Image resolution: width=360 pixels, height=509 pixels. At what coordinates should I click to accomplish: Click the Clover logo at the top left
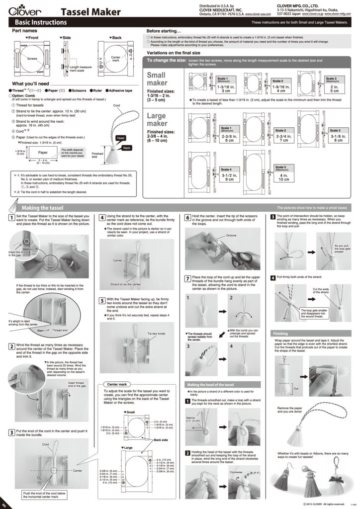pyautogui.click(x=20, y=11)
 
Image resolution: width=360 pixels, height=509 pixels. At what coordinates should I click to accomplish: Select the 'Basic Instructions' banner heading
pyautogui.click(x=41, y=23)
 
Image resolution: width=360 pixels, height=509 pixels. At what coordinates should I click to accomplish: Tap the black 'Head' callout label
pyautogui.click(x=120, y=138)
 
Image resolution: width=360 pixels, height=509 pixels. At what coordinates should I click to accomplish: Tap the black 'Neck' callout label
pyautogui.click(x=127, y=148)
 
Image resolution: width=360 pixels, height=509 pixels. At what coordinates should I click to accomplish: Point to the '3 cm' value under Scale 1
pyautogui.click(x=225, y=91)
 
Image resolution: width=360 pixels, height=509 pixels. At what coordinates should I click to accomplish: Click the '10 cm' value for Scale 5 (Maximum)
pyautogui.click(x=284, y=179)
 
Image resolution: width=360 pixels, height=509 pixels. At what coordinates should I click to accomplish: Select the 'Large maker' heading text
pyautogui.click(x=158, y=120)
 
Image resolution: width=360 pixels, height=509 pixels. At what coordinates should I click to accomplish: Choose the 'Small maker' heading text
pyautogui.click(x=157, y=79)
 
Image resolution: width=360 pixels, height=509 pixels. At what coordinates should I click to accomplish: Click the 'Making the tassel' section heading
pyautogui.click(x=42, y=208)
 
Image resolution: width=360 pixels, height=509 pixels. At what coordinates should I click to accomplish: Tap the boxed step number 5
pyautogui.click(x=101, y=300)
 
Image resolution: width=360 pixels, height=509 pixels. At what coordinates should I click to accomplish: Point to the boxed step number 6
pyautogui.click(x=187, y=217)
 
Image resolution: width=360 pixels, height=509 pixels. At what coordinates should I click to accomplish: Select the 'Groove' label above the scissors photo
pyautogui.click(x=231, y=235)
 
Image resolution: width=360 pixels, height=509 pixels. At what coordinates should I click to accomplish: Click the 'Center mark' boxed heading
pyautogui.click(x=116, y=384)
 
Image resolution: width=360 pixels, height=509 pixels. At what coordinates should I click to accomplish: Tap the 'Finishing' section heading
pyautogui.click(x=280, y=333)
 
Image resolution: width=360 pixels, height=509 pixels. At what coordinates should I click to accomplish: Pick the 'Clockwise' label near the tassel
pyautogui.click(x=236, y=472)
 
